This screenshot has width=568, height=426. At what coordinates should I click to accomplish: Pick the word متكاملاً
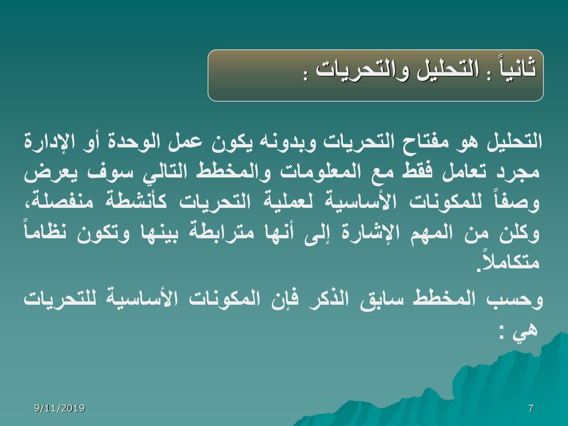[509, 261]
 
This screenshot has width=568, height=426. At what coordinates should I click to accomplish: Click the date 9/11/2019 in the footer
[59, 408]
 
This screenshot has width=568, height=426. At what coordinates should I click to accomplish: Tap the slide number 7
[531, 408]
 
